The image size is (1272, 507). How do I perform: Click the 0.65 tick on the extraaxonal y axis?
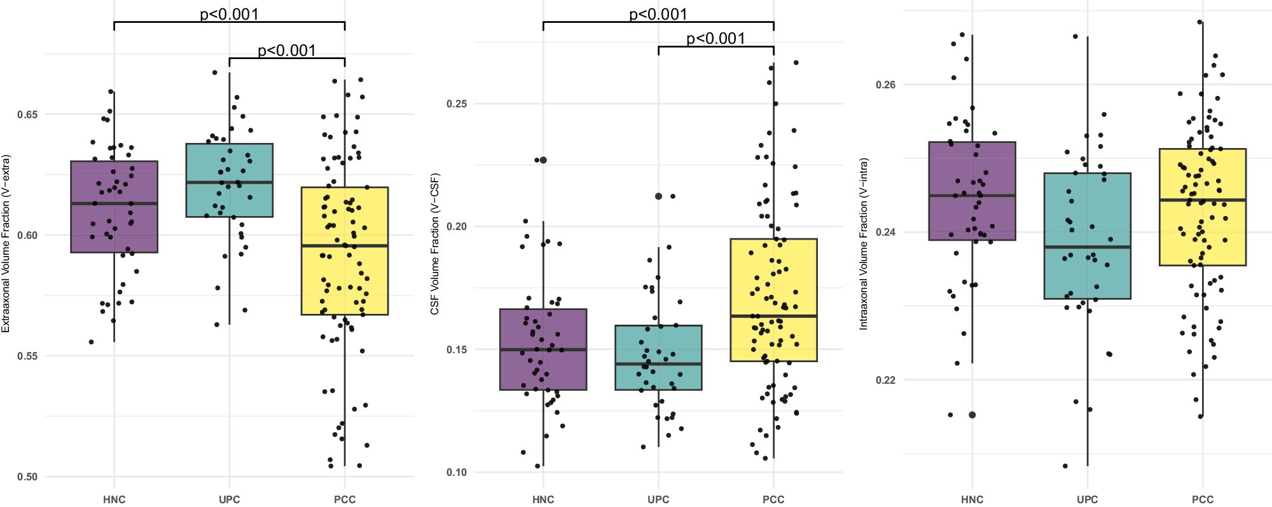[27, 115]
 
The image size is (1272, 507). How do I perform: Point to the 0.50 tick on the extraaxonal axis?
[27, 477]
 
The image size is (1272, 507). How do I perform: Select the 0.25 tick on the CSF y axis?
[457, 104]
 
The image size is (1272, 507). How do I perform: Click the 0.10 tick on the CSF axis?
[457, 473]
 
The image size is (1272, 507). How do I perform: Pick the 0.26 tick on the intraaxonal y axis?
[885, 85]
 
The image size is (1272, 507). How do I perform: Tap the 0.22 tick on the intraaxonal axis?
[885, 381]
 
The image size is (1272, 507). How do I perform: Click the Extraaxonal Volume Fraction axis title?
[6, 243]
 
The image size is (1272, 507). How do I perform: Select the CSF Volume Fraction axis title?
[435, 243]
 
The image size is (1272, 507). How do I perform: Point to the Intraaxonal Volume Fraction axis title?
[864, 243]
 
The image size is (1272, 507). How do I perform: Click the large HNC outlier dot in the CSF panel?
[543, 160]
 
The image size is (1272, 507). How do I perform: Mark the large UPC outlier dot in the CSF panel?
[658, 196]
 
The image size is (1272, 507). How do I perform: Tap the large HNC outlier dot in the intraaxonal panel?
[972, 415]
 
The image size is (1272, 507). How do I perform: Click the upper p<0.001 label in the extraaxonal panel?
[229, 14]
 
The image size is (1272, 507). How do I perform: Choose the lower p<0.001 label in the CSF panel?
[715, 39]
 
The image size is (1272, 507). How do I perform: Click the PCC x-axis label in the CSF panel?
[773, 499]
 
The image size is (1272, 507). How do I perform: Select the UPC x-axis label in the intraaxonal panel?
[1087, 499]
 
